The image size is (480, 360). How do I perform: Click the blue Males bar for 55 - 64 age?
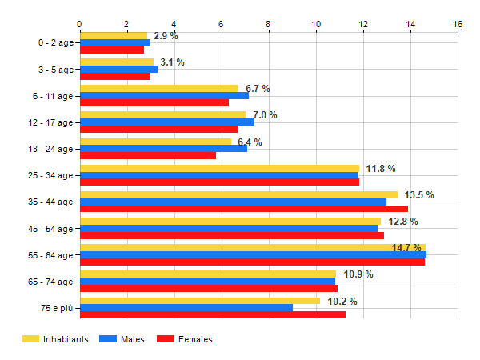[253, 254]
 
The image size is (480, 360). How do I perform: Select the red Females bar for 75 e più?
[213, 314]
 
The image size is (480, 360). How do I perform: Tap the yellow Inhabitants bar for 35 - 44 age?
[238, 194]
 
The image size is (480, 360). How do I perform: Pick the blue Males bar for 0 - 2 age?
[115, 42]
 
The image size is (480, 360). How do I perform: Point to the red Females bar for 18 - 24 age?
[148, 155]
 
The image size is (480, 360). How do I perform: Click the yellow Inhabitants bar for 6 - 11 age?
[159, 88]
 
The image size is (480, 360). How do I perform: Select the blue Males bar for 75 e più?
[186, 307]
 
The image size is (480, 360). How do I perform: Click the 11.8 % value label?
[381, 169]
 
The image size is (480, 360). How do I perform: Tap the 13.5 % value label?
[419, 195]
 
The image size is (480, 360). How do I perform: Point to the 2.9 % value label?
[166, 37]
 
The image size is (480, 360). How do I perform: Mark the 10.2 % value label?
[342, 302]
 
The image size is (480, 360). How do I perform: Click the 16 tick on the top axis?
[458, 25]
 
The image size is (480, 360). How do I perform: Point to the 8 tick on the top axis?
[269, 25]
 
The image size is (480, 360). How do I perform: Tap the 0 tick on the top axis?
[80, 25]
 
